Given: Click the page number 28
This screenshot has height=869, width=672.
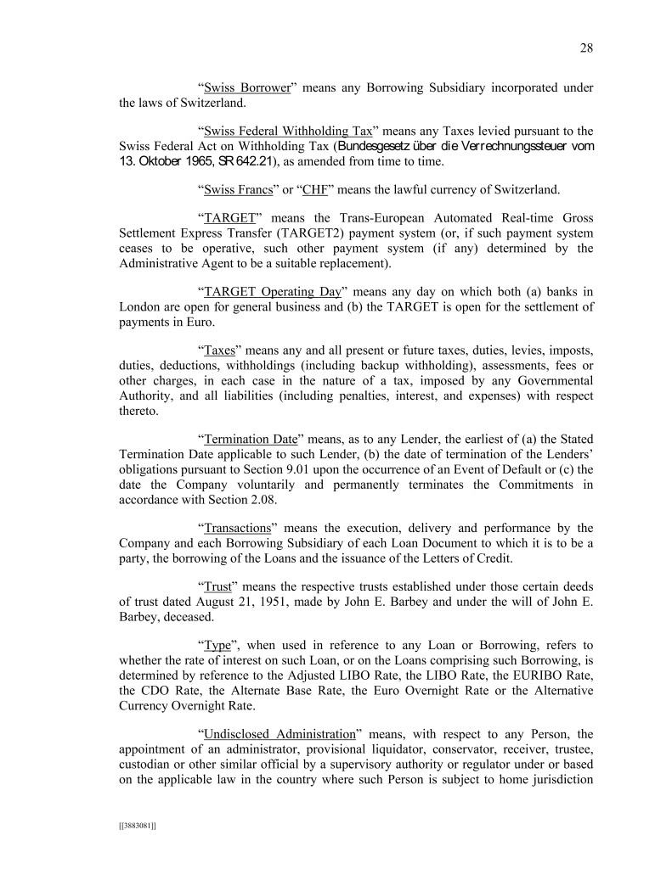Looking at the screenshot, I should pyautogui.click(x=586, y=48).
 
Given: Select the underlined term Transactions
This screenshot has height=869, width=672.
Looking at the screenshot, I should pyautogui.click(x=242, y=528).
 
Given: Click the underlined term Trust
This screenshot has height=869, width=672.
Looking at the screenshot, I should pyautogui.click(x=219, y=586).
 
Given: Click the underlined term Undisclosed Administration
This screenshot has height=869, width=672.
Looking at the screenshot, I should pyautogui.click(x=279, y=734).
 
